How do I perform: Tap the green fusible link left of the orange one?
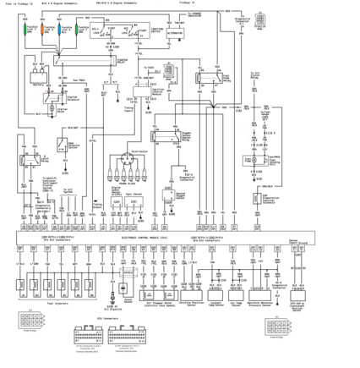[x=25, y=30]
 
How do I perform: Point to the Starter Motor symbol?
[x=52, y=109]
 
